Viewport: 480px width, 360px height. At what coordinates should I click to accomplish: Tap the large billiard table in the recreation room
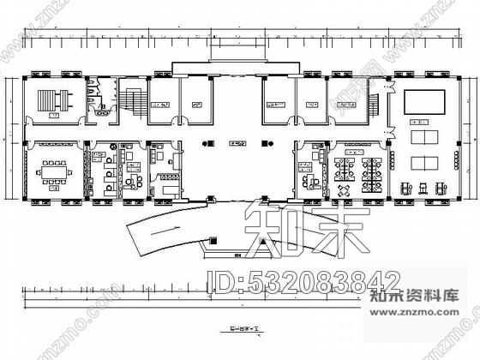pos(426,100)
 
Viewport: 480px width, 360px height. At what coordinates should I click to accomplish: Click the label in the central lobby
pos(240,143)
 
